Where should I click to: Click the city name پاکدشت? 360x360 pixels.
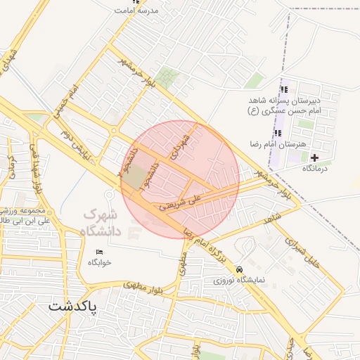coord(73,307)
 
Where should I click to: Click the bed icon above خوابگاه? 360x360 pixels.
coord(99,252)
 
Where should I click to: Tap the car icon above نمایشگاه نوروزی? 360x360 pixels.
coord(240,269)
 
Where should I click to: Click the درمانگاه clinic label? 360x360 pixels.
coord(318,168)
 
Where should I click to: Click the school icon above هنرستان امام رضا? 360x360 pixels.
coord(280,132)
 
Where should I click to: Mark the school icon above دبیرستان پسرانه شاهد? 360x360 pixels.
coord(284,89)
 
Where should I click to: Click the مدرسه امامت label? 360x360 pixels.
coord(141,12)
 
